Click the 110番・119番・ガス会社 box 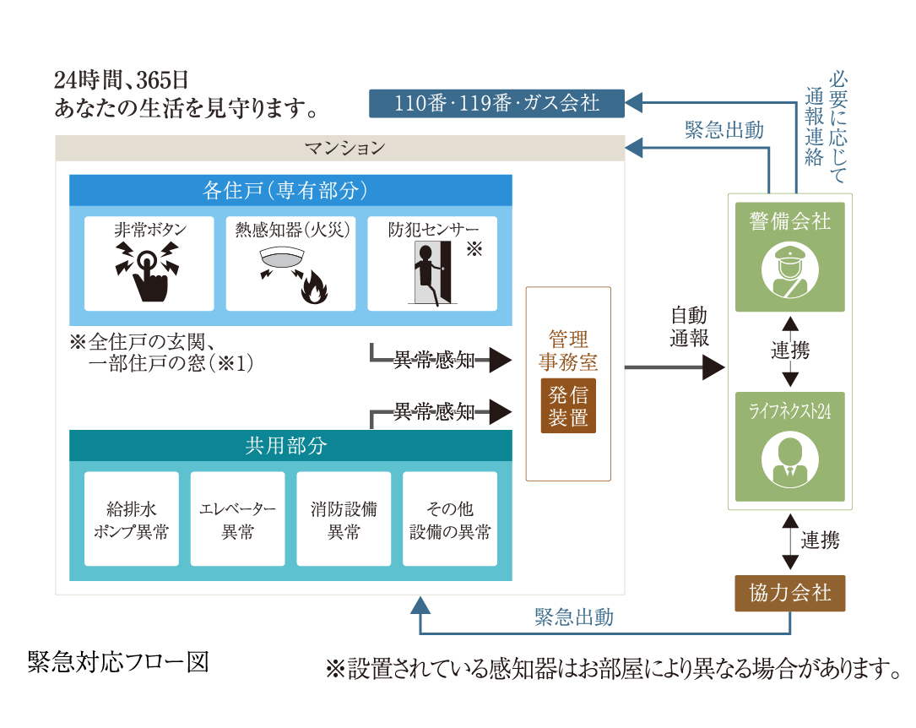(497, 104)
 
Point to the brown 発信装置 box (568, 406)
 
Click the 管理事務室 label (568, 351)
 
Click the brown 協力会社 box (790, 593)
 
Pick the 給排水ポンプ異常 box (132, 519)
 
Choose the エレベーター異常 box (237, 519)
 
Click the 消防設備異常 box (344, 519)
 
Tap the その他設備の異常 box (450, 519)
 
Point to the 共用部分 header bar (290, 446)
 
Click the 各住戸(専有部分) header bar (290, 190)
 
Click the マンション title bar (340, 148)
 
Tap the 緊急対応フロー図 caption (117, 662)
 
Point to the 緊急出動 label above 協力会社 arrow (574, 617)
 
